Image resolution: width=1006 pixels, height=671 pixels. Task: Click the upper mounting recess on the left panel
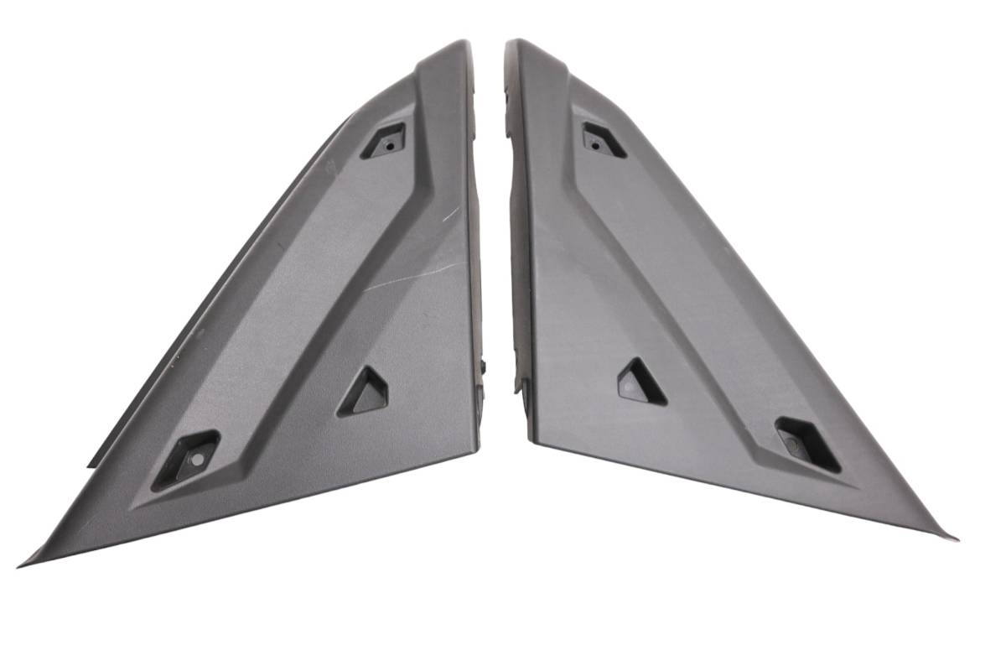point(383,141)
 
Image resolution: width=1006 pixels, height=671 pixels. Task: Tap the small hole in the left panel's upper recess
point(390,143)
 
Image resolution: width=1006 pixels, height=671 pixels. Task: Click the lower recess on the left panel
point(185,460)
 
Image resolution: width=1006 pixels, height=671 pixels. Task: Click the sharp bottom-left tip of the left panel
point(20,565)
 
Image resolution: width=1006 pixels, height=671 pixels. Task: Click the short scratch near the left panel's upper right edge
point(450,214)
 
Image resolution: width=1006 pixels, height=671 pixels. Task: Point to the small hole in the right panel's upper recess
point(595,144)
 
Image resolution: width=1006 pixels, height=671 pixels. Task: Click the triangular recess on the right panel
point(641,382)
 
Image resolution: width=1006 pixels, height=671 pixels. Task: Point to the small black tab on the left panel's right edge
point(485,366)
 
